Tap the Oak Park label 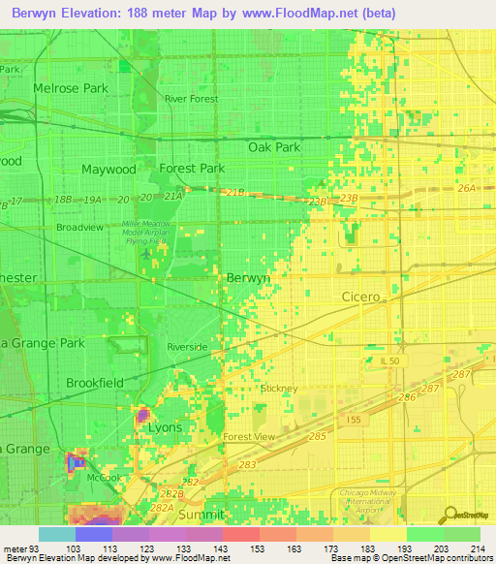coord(275,147)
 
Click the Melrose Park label coord(70,88)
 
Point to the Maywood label coord(108,169)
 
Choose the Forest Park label coord(192,168)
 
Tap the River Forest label coord(192,99)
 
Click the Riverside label coord(187,346)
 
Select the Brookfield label coord(95,383)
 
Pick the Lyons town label coord(165,426)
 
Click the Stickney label coord(279,389)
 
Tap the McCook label coord(105,476)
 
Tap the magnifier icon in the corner coord(449,515)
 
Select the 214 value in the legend coord(480,549)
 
